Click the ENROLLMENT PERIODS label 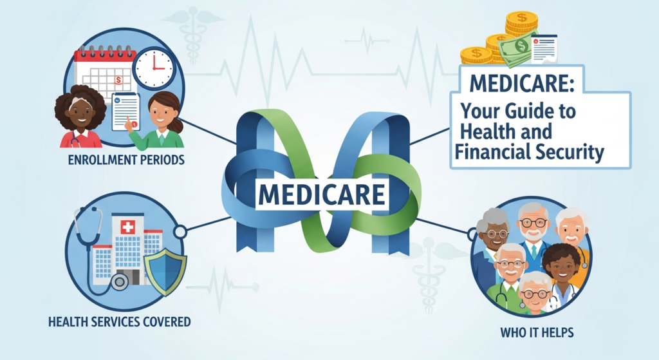click(126, 158)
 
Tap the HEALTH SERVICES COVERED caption click(119, 320)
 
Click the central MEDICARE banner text click(322, 194)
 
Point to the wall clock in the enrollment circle click(154, 68)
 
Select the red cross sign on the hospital click(127, 227)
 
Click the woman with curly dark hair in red click(80, 117)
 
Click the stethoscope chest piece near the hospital click(118, 281)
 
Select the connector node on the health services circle click(181, 231)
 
